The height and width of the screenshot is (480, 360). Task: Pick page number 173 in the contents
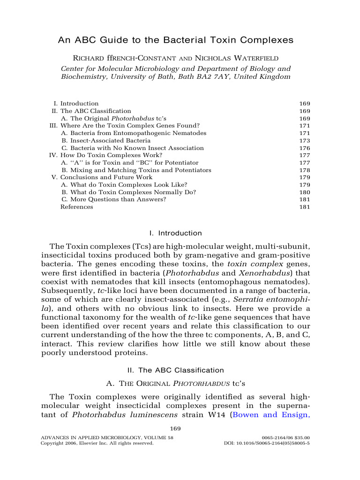(x=304, y=141)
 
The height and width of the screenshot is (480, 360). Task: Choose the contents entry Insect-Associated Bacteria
(x=106, y=141)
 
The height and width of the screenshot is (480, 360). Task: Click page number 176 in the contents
(x=304, y=148)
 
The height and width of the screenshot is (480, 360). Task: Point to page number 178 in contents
(x=304, y=170)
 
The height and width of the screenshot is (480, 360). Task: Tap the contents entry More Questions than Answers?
(x=113, y=200)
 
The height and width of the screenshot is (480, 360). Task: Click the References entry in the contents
(x=76, y=207)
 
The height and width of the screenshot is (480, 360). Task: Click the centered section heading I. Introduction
(x=175, y=233)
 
